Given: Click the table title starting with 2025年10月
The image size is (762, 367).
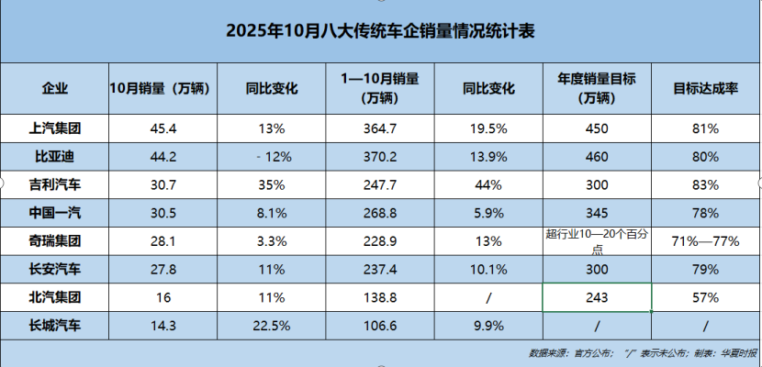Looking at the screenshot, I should click(380, 30).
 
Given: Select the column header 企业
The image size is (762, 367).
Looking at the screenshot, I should click(55, 89).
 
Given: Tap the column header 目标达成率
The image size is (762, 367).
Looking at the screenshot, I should click(705, 89).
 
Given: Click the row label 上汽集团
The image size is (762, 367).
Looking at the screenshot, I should click(55, 128).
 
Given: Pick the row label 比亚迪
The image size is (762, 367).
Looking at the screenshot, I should click(55, 157).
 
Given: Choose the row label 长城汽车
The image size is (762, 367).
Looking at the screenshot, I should click(55, 326).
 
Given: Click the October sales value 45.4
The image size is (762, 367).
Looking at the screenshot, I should click(163, 128).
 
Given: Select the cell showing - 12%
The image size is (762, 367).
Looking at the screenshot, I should click(274, 157).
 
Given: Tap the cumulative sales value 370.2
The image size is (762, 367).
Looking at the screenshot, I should click(379, 157).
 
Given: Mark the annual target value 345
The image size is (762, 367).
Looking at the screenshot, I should click(597, 213).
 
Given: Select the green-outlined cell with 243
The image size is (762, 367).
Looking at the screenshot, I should click(597, 297).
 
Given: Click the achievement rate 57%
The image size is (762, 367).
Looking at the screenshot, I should click(705, 297).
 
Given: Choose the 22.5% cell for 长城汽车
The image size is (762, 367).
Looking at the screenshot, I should click(274, 326).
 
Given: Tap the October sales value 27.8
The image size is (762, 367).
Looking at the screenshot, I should click(163, 270).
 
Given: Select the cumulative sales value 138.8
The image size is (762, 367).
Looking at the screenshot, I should click(379, 297).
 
